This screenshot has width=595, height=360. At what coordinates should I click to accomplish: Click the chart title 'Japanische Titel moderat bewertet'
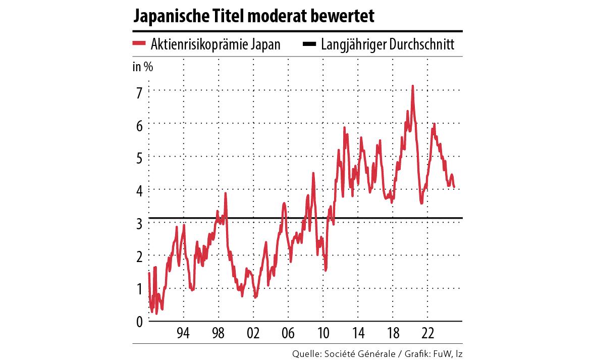click(253, 17)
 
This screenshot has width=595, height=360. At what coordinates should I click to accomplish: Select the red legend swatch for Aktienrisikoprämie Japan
click(139, 44)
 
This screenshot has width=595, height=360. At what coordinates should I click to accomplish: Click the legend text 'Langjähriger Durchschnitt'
click(388, 45)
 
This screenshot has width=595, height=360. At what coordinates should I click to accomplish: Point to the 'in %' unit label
click(143, 68)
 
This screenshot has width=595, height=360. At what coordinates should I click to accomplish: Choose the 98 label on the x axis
click(218, 334)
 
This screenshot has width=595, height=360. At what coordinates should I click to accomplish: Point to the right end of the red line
click(454, 187)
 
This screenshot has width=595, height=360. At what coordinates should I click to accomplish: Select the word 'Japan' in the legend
click(266, 45)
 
